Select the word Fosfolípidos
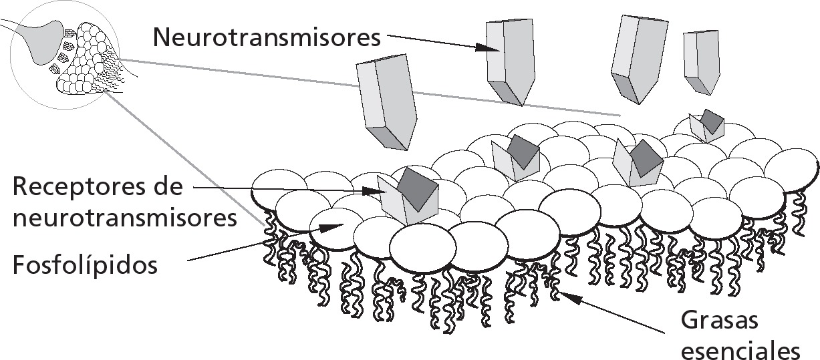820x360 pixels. [x=85, y=265]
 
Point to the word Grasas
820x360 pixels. [x=720, y=321]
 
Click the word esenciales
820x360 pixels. [x=740, y=350]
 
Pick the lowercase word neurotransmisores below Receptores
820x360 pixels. [x=125, y=217]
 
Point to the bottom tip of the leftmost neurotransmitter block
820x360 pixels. [x=404, y=148]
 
